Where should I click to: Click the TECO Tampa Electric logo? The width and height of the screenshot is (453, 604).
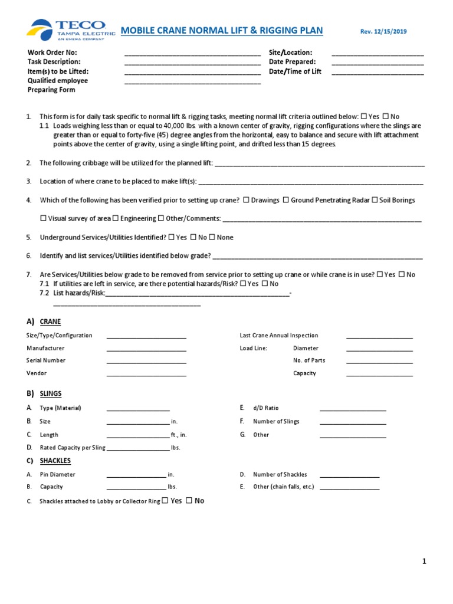pyautogui.click(x=67, y=29)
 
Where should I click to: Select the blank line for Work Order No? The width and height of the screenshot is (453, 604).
pyautogui.click(x=192, y=54)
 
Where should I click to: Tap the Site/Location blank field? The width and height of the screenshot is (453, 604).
pyautogui.click(x=377, y=54)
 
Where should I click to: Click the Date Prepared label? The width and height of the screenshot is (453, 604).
pyautogui.click(x=292, y=62)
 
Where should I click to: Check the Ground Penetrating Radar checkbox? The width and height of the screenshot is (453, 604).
pyautogui.click(x=285, y=201)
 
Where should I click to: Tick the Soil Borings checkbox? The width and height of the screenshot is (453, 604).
pyautogui.click(x=375, y=201)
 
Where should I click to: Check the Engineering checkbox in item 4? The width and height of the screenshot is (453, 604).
pyautogui.click(x=116, y=219)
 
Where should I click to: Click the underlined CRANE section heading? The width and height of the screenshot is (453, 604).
pyautogui.click(x=50, y=322)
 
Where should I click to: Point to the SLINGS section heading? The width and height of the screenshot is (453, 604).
pyautogui.click(x=51, y=394)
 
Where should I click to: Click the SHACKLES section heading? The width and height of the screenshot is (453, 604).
pyautogui.click(x=55, y=461)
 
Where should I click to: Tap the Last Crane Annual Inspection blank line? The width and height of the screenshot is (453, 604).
pyautogui.click(x=379, y=337)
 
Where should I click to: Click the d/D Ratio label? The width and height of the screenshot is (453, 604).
pyautogui.click(x=265, y=408)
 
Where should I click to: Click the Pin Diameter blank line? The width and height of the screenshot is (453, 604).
pyautogui.click(x=136, y=475)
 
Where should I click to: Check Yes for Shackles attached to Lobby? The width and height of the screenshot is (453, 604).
pyautogui.click(x=165, y=501)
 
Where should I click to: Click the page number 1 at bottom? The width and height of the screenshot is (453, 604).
pyautogui.click(x=424, y=562)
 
